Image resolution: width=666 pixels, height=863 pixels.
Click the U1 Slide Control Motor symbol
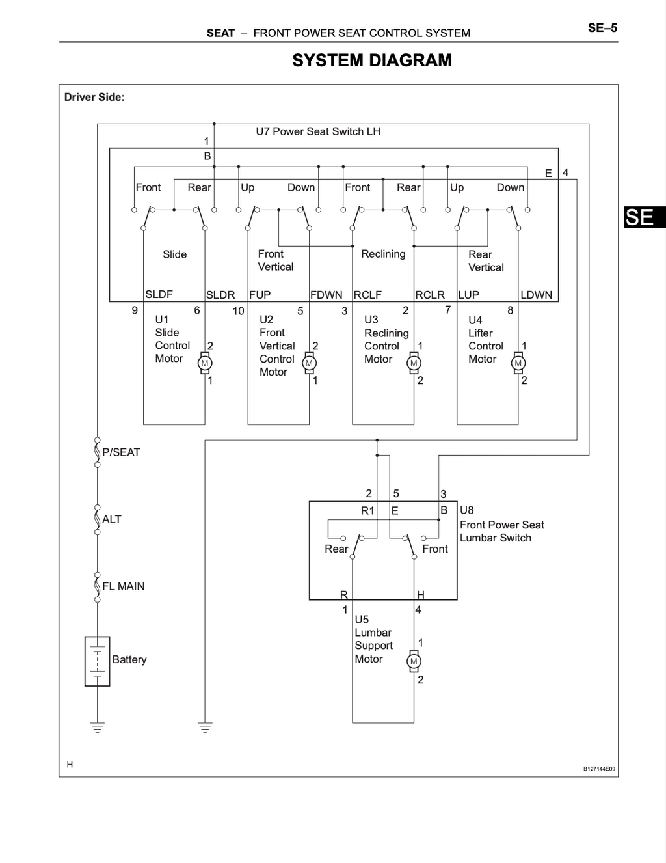click(x=205, y=363)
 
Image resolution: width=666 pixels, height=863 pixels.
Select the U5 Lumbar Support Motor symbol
click(x=414, y=661)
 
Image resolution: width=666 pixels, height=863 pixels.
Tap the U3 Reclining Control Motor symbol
click(x=414, y=363)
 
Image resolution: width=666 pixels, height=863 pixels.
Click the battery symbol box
click(x=98, y=661)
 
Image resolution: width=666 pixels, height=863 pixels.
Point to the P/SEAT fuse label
click(x=121, y=452)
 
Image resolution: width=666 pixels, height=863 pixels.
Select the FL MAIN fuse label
click(x=124, y=586)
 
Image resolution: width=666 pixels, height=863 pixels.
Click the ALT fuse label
click(x=111, y=519)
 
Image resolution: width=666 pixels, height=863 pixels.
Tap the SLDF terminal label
click(x=159, y=294)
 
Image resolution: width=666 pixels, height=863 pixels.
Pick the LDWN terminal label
click(x=536, y=295)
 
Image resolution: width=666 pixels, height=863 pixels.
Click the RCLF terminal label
click(x=367, y=295)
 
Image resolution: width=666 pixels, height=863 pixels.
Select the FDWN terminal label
click(x=326, y=295)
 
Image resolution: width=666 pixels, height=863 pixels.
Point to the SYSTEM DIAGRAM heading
click(x=372, y=61)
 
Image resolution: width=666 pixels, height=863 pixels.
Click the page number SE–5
click(x=602, y=28)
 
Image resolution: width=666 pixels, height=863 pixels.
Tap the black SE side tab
click(x=645, y=217)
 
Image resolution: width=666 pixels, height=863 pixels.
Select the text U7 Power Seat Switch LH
click(x=318, y=131)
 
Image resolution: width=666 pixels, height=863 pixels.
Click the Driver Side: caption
click(x=94, y=98)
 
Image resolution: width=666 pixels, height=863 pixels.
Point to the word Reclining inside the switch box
click(x=384, y=254)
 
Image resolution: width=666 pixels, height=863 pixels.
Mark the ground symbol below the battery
click(x=98, y=727)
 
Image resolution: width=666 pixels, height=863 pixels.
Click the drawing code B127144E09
click(x=599, y=769)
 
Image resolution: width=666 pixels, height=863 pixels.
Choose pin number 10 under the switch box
click(x=238, y=311)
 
